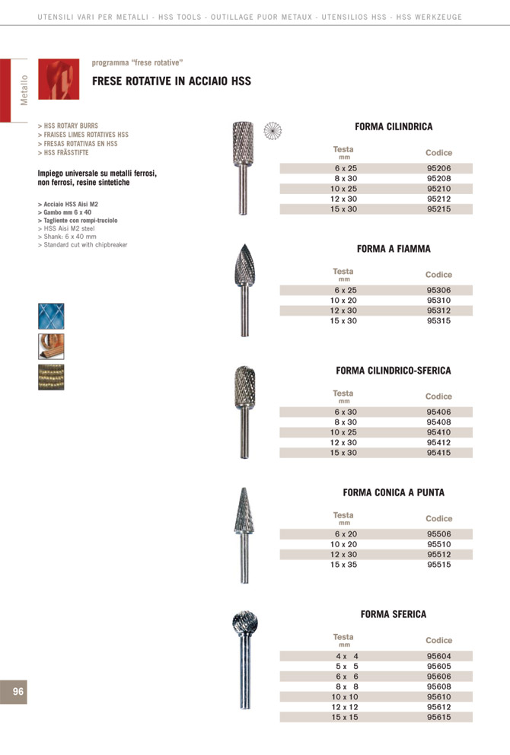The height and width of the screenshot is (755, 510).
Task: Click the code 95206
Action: tap(439, 168)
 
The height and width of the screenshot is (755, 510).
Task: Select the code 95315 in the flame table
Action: tap(439, 320)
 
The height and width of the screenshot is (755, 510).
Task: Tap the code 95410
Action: tap(439, 432)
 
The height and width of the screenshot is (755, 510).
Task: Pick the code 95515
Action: tap(439, 564)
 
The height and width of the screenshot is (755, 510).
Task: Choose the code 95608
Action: tap(439, 687)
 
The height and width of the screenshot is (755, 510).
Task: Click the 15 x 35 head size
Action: tap(344, 564)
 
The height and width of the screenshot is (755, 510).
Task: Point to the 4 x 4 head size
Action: tap(346, 656)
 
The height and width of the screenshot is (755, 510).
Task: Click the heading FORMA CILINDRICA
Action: tap(394, 127)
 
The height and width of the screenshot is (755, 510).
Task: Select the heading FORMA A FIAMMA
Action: tap(394, 249)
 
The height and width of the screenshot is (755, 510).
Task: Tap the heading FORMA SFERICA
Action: tap(394, 614)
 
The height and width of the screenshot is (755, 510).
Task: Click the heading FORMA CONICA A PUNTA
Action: tap(394, 492)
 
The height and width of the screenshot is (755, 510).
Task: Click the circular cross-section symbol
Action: tap(273, 131)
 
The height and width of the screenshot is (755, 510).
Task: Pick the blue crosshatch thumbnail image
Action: tap(51, 316)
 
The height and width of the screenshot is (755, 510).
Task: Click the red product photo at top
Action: tap(59, 78)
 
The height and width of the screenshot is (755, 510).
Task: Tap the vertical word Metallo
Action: tap(24, 89)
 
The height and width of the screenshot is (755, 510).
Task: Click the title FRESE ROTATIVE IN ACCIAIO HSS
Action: tap(171, 81)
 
